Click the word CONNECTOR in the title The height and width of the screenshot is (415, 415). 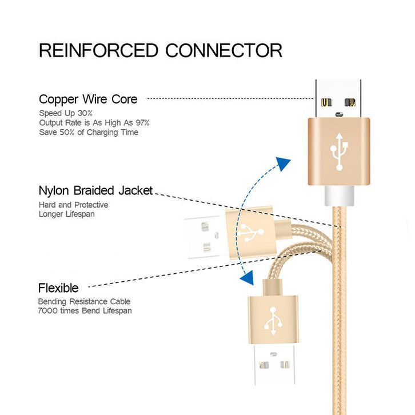click(224, 50)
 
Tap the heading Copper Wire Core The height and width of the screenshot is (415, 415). click(88, 99)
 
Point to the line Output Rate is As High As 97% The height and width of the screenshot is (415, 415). click(94, 123)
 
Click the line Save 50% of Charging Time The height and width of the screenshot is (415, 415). click(89, 133)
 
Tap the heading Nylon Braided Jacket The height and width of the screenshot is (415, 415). click(95, 191)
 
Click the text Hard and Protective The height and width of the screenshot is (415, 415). click(73, 205)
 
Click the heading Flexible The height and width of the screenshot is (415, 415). click(58, 288)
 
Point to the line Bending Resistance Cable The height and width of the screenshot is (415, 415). click(84, 301)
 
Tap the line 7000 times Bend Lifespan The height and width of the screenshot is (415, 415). click(85, 310)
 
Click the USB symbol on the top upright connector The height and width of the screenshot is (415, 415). click(338, 151)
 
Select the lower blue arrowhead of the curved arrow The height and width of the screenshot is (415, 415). click(247, 278)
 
